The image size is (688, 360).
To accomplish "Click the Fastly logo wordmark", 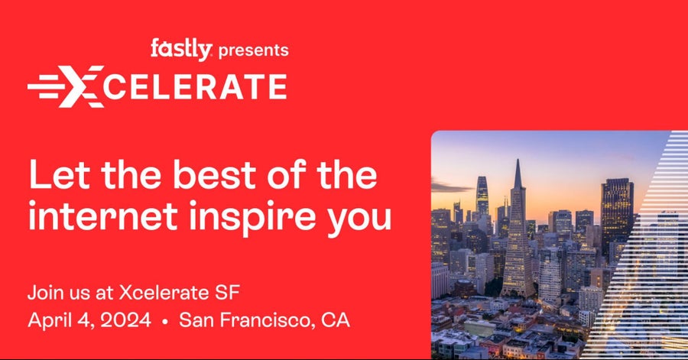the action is coord(181,49).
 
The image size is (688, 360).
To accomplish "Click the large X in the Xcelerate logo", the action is coord(82,86).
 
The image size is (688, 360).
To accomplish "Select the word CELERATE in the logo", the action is coord(195,87).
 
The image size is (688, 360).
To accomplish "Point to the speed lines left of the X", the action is coord(47,86).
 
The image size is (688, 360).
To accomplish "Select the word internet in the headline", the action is coord(102,216).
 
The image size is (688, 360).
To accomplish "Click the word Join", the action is coord(46,293).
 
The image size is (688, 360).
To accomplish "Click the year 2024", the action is coord(125,320).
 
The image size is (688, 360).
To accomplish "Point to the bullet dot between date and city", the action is coord(165,322).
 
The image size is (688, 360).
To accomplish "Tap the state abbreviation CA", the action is coord(336,320).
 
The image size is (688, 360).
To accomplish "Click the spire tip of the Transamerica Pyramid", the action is coord(518,160).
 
